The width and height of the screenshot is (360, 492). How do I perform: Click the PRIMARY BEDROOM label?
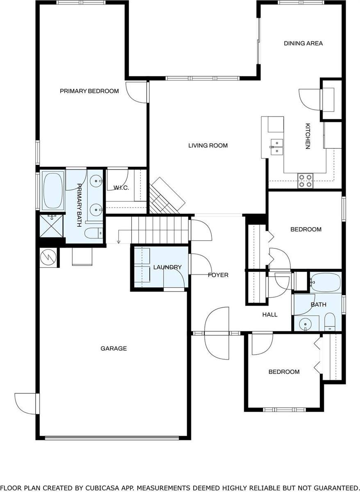click(x=89, y=91)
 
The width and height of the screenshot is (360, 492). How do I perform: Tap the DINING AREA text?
click(x=303, y=43)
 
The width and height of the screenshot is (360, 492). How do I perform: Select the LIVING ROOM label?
click(x=208, y=146)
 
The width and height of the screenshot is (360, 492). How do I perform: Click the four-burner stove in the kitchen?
click(x=305, y=180)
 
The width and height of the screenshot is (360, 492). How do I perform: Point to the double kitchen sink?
click(x=277, y=146)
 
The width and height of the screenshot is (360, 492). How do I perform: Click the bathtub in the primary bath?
click(x=54, y=190)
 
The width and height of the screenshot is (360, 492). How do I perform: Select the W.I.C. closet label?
click(x=121, y=188)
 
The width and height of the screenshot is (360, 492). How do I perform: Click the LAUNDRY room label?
click(x=167, y=267)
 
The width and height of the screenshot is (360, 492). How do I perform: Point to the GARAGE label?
click(x=114, y=348)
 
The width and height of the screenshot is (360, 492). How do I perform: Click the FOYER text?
click(x=218, y=275)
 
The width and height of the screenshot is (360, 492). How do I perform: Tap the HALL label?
click(x=270, y=314)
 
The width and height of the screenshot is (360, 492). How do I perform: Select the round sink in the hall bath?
click(x=305, y=324)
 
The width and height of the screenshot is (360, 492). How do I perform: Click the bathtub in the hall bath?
click(x=325, y=282)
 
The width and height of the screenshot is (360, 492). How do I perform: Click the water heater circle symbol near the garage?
click(x=49, y=257)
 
